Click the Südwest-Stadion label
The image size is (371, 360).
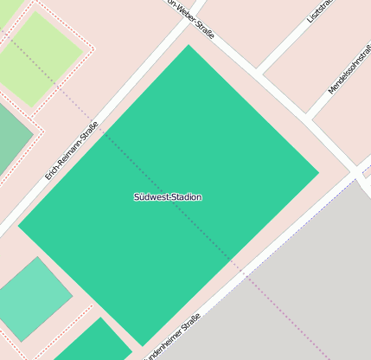click(x=168, y=197)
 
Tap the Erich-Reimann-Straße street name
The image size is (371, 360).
click(x=72, y=153)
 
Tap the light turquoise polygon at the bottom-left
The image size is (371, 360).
click(x=32, y=299)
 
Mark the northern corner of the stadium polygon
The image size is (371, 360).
click(x=189, y=45)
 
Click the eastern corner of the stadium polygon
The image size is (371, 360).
click(x=319, y=172)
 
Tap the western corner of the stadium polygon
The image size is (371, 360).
click(x=18, y=227)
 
